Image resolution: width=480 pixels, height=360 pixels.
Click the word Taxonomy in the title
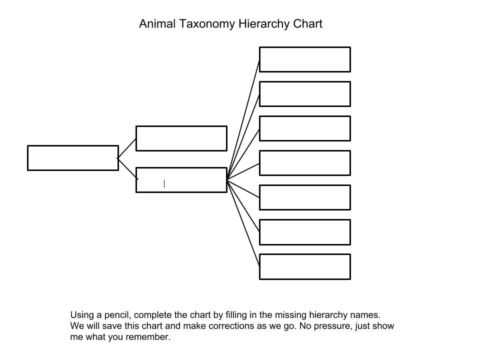(x=206, y=24)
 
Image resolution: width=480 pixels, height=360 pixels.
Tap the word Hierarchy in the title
(x=264, y=24)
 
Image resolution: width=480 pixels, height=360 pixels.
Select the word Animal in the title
(x=157, y=23)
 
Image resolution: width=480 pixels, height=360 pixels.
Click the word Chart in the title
(x=307, y=23)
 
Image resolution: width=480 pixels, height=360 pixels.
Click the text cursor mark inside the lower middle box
(x=164, y=183)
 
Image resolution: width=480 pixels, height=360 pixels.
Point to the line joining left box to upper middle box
(x=126, y=148)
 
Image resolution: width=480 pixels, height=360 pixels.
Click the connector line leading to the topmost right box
(x=243, y=119)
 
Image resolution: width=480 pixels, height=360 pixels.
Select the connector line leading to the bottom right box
(x=243, y=222)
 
